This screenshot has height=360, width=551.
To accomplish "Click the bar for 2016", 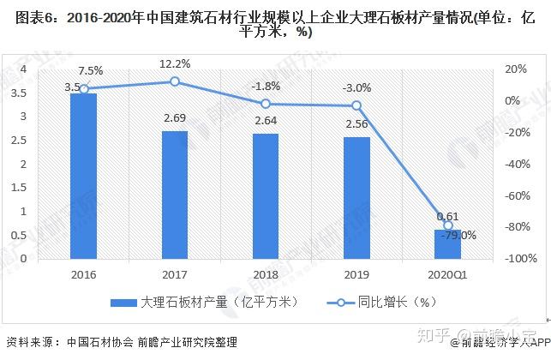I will (83, 176).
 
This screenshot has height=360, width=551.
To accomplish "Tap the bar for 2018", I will (266, 195).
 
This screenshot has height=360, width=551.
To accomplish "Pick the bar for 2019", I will (357, 197).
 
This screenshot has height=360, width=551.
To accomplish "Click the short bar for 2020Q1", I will (447, 243).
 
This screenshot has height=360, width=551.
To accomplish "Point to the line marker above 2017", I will (175, 81).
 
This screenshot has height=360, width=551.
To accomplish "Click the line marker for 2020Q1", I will (448, 225).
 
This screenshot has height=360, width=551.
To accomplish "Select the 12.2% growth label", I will (175, 64).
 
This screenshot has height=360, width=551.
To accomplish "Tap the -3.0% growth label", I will (357, 88).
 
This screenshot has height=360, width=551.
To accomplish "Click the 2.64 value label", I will (266, 123).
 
